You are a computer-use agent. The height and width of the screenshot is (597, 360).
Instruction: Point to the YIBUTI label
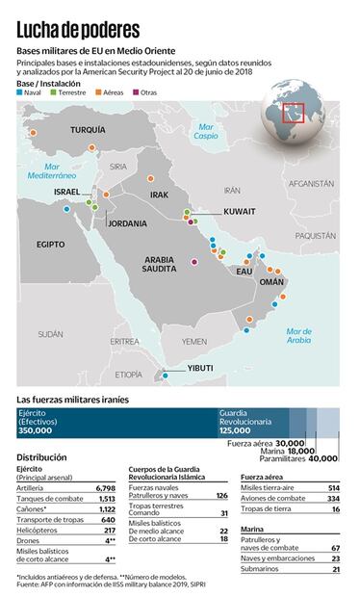[x=200, y=368]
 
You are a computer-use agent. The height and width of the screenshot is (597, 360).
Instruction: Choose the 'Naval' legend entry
[x=31, y=92]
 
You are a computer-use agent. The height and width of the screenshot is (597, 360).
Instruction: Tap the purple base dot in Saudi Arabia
[x=193, y=261]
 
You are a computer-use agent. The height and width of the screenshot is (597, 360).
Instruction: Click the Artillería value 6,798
[x=106, y=488]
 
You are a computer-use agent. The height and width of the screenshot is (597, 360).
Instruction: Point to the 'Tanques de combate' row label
[x=45, y=499]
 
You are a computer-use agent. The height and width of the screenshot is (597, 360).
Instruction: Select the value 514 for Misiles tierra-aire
[x=333, y=488]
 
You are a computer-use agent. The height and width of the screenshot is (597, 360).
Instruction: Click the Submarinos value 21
[x=335, y=570]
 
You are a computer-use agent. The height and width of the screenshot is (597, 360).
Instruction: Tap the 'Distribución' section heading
[x=41, y=456]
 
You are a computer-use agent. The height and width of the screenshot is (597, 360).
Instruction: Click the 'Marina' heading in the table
[x=252, y=529]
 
